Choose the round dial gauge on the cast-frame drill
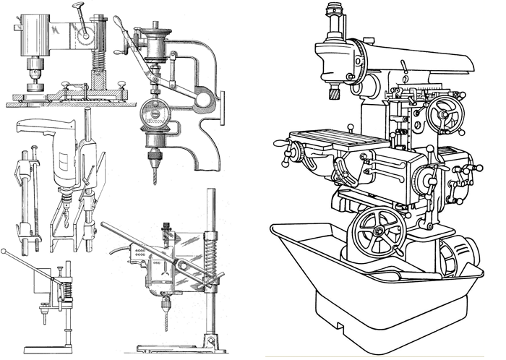154,117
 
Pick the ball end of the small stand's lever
6,252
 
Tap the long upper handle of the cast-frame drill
123,29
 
